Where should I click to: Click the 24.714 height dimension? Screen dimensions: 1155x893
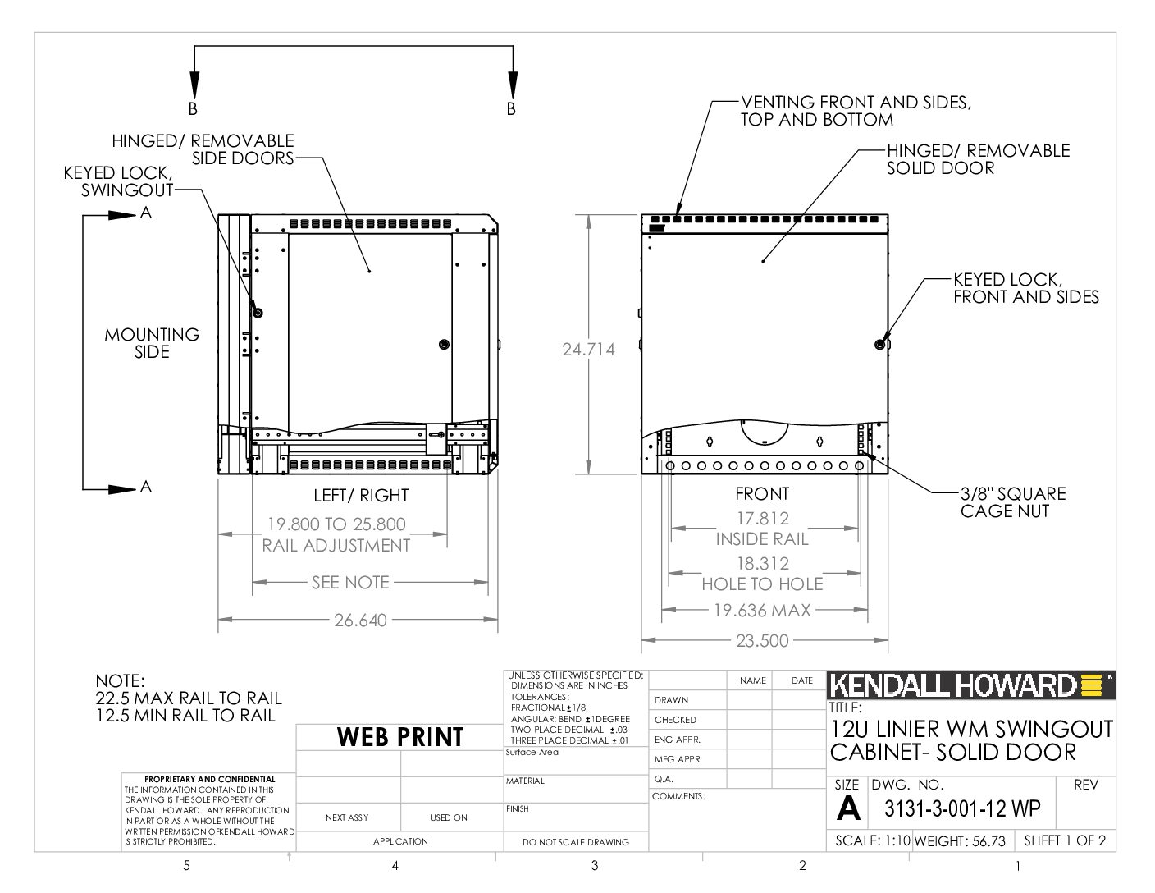tap(588, 350)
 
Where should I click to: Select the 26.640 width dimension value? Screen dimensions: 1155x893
tap(360, 621)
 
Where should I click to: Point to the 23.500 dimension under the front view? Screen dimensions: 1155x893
tap(762, 640)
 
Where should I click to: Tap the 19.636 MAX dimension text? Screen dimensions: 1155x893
tap(762, 610)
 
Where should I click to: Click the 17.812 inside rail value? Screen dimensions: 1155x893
tap(763, 518)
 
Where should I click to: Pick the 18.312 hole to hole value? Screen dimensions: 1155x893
tap(763, 563)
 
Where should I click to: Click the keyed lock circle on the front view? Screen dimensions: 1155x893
tap(879, 344)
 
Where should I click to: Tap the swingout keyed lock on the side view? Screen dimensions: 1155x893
tap(258, 313)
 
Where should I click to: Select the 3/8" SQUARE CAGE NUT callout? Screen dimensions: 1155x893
tap(1012, 502)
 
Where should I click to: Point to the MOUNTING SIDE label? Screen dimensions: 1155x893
tap(152, 343)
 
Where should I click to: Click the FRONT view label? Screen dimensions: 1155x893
tap(762, 493)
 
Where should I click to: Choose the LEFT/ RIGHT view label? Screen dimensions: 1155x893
tap(361, 495)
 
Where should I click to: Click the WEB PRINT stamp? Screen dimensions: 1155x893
tap(400, 737)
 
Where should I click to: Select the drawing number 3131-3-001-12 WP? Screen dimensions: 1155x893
tap(962, 808)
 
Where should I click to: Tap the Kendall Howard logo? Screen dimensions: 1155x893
tap(970, 685)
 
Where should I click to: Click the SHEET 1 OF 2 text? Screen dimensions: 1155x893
tap(1065, 840)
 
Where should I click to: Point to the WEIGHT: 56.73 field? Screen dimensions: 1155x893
tap(960, 840)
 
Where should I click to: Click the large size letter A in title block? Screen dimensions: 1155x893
tap(847, 808)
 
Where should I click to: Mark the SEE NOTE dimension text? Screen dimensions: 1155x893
tap(350, 583)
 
